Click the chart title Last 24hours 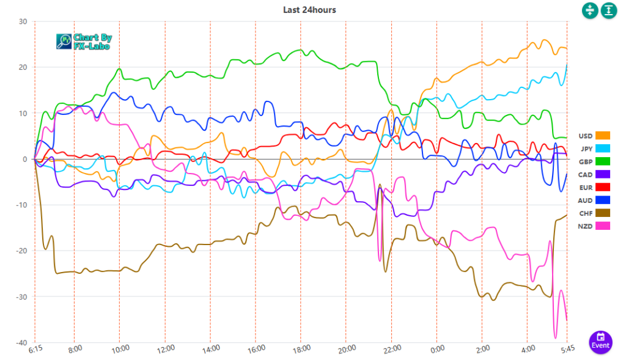[x=309, y=10]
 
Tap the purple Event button [x=601, y=340]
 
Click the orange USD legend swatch [x=603, y=136]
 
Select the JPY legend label [x=586, y=149]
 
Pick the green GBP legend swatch [x=603, y=161]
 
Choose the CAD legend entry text [x=585, y=174]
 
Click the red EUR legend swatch [x=603, y=187]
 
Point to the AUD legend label [x=585, y=200]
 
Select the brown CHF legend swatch [x=603, y=213]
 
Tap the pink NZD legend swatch [x=603, y=226]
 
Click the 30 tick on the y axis [x=23, y=21]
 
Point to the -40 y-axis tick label [x=22, y=343]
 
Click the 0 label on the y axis [x=25, y=159]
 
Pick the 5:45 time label [x=568, y=348]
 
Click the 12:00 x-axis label [x=164, y=348]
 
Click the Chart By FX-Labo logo [x=84, y=41]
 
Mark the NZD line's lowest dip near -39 [x=556, y=337]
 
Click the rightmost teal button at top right [x=609, y=10]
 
